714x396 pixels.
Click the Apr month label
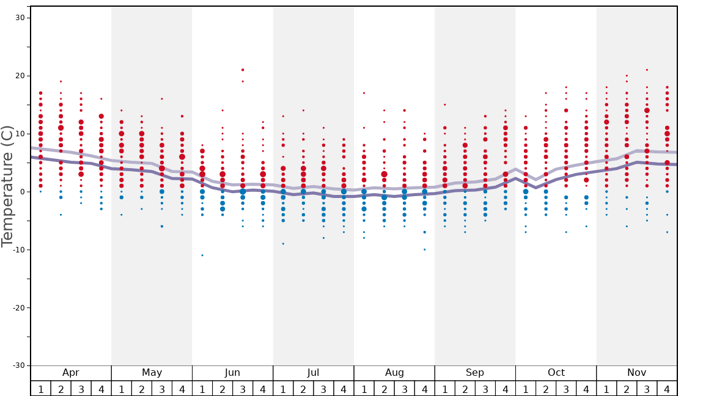click(71, 373)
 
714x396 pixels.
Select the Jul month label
click(313, 373)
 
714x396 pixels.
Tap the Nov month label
click(636, 373)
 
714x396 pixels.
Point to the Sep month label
click(475, 373)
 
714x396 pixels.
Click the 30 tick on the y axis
click(20, 18)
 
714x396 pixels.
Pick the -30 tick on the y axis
click(18, 365)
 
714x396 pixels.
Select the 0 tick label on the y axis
click(21, 192)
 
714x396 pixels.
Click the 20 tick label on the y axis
click(20, 76)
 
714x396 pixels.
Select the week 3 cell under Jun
click(243, 389)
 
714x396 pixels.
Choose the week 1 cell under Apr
click(40, 389)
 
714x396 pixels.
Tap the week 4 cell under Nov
click(667, 389)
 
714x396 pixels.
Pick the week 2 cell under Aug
click(384, 389)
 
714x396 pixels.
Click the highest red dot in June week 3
click(243, 70)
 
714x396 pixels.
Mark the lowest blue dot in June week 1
click(202, 255)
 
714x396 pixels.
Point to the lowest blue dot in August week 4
click(424, 249)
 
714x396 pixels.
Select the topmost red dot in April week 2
click(61, 81)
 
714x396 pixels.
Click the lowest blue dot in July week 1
click(283, 244)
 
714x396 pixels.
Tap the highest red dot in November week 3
click(647, 70)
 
